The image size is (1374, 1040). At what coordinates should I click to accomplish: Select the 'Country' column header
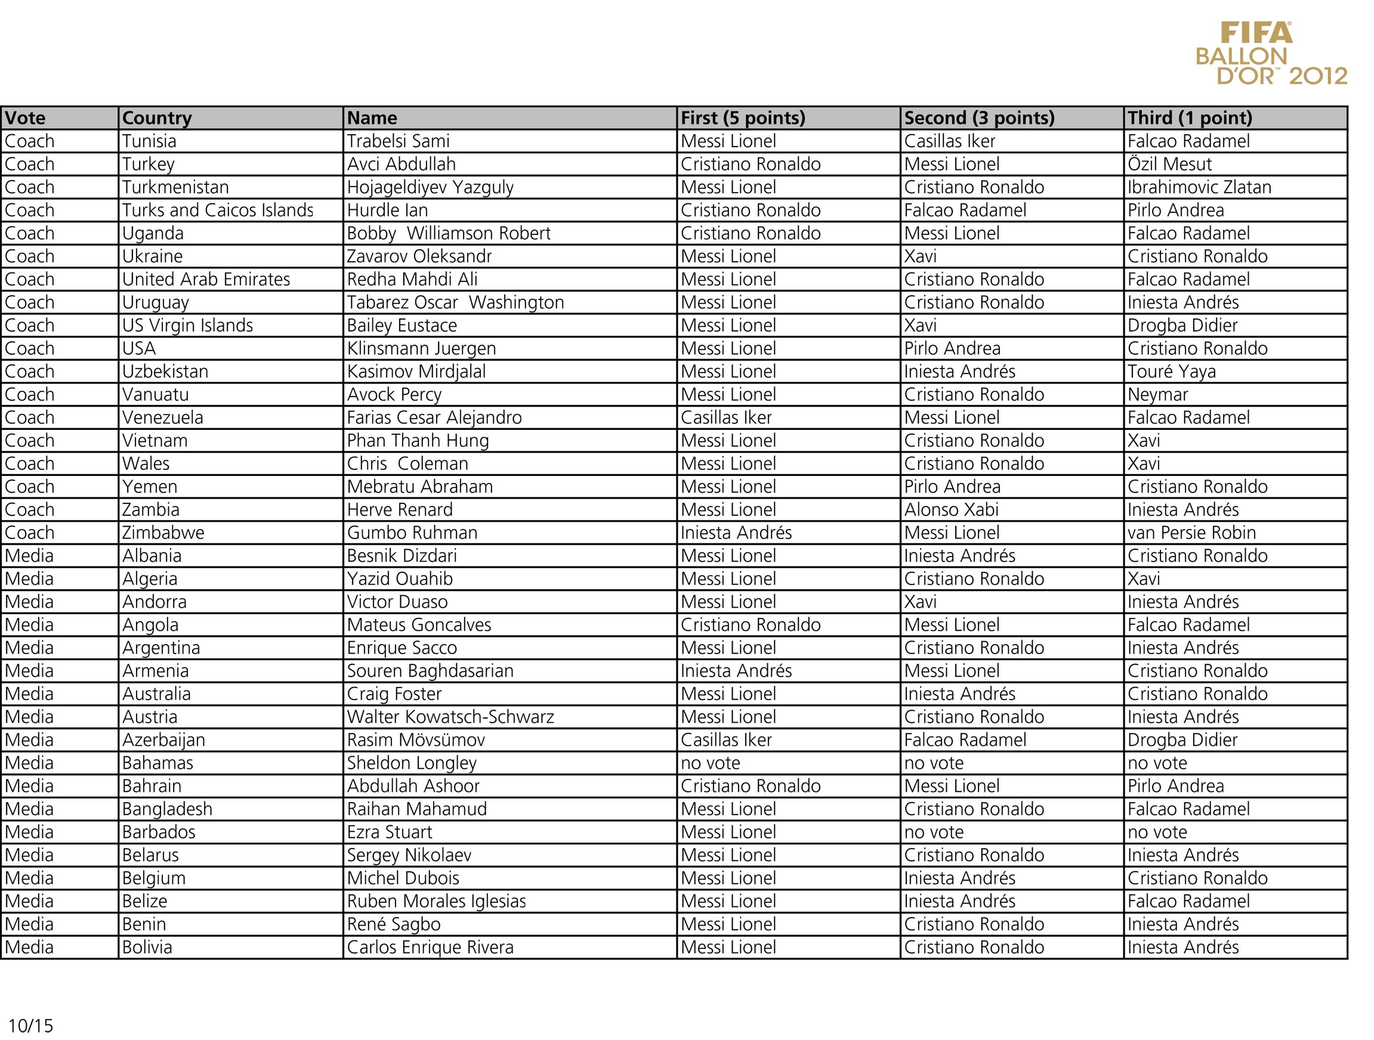156,118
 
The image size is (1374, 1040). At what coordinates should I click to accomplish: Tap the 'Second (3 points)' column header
979,118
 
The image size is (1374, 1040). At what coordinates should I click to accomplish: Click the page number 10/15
30,1025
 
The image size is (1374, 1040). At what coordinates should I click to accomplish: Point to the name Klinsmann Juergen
421,348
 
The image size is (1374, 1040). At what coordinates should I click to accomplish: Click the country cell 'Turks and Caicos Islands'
217,211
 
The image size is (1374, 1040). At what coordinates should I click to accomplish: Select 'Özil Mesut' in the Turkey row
1169,165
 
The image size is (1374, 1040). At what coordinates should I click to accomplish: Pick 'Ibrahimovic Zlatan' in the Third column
1199,187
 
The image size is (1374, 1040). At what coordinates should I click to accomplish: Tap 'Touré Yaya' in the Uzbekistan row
1172,372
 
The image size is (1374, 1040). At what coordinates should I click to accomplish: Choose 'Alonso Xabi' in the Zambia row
951,510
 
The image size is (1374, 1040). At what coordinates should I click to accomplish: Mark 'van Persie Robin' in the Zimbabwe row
1191,533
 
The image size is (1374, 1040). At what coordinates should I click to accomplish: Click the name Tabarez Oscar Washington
455,302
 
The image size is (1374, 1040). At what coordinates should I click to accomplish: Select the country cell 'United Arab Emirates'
206,280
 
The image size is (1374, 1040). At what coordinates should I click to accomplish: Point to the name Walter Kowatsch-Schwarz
450,717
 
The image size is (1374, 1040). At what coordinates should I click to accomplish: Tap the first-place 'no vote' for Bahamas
710,763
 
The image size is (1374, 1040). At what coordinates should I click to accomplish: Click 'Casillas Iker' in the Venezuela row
725,418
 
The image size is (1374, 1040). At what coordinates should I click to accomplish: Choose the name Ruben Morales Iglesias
436,901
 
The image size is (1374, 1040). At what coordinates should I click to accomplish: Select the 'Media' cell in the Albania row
29,556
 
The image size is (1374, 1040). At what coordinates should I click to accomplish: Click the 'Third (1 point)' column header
1190,118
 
